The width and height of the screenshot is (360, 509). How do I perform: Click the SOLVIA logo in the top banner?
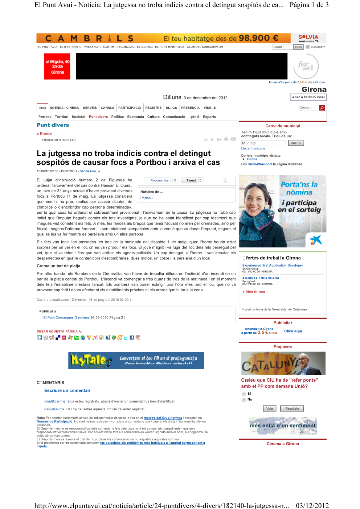click(x=308, y=38)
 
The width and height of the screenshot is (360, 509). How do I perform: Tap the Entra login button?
click(x=298, y=47)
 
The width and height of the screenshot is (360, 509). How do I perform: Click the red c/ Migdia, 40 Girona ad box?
click(x=57, y=67)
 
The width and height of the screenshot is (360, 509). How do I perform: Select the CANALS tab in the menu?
click(x=107, y=108)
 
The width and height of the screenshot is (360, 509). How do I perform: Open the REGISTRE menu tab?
click(x=153, y=108)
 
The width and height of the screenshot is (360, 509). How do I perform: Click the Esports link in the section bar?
click(x=209, y=117)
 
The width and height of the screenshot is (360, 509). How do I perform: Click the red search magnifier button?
click(x=322, y=108)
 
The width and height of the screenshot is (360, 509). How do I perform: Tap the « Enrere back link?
click(x=44, y=134)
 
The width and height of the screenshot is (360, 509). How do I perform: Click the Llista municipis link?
click(x=253, y=148)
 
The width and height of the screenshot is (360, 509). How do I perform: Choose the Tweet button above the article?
click(x=191, y=180)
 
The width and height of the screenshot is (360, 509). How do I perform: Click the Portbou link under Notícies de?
click(x=147, y=198)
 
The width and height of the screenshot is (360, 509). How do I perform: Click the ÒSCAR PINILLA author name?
click(x=90, y=171)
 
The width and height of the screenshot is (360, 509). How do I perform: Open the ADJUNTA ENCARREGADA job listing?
click(x=261, y=278)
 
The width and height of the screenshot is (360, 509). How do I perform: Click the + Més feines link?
click(x=254, y=292)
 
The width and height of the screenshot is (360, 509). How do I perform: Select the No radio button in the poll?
click(x=244, y=400)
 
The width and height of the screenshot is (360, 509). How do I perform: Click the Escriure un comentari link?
click(x=67, y=391)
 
